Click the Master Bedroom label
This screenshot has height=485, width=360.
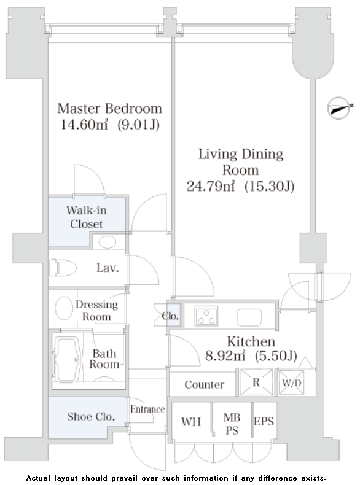click(109, 109)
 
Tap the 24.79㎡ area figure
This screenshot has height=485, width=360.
click(211, 186)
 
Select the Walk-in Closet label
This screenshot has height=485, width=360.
click(87, 217)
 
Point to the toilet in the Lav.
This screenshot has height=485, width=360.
click(63, 268)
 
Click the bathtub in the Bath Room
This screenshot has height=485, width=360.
click(67, 359)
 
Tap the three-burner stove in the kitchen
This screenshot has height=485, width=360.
click(206, 316)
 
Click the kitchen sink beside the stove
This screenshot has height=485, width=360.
click(249, 317)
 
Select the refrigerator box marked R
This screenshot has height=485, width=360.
click(256, 382)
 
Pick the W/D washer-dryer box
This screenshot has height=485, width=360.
click(291, 383)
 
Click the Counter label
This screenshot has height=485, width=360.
click(205, 384)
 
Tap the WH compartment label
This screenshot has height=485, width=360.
click(191, 422)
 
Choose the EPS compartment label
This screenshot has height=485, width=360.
click(264, 421)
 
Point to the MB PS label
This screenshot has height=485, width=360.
click(232, 424)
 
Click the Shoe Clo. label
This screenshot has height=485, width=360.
click(92, 417)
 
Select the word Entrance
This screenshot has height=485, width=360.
click(147, 409)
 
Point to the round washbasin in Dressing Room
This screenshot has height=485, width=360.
click(64, 308)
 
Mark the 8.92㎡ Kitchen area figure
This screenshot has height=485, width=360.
click(225, 355)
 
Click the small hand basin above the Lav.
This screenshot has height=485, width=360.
click(107, 242)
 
